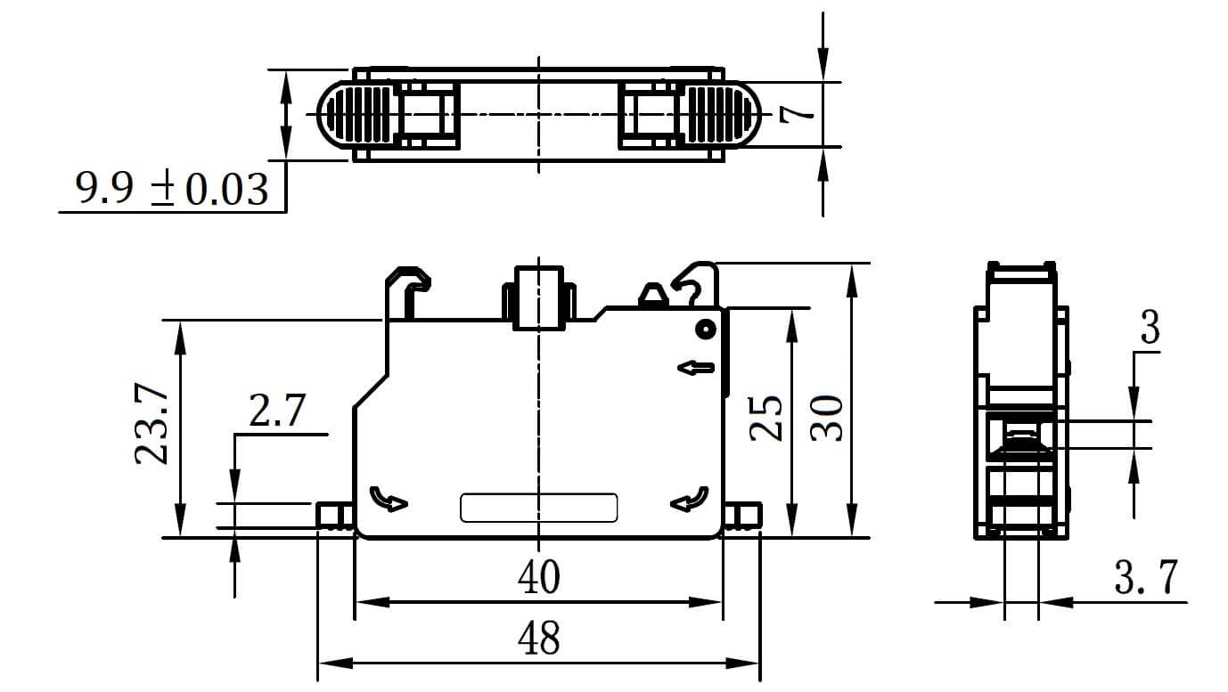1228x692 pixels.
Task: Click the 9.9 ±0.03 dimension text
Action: point(172,189)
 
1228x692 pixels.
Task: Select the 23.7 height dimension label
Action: point(151,424)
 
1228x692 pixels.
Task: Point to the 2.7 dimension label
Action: point(277,411)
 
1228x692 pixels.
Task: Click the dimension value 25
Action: point(765,418)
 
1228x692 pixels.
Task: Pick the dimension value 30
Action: point(826,418)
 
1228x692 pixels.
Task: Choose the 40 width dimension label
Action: point(539,577)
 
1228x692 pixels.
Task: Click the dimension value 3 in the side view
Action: point(1150,327)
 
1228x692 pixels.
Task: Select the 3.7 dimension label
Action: point(1146,577)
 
